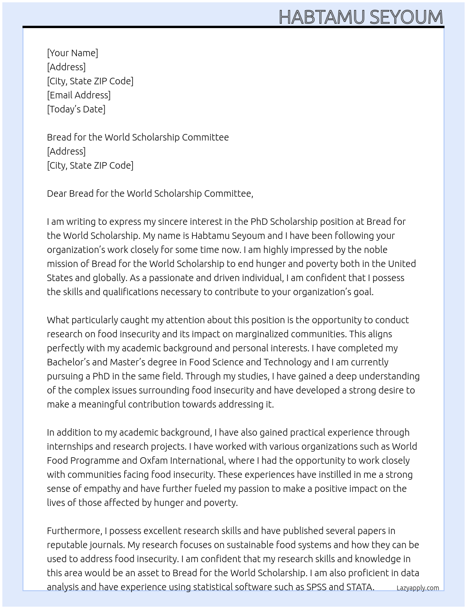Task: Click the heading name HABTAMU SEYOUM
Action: point(361,17)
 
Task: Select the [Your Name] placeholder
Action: point(72,53)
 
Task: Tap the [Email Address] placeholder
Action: point(79,95)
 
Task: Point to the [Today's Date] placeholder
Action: point(76,109)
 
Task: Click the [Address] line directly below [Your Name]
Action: point(66,67)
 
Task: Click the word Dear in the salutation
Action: point(57,193)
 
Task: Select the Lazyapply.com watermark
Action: point(417,588)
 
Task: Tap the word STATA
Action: point(360,587)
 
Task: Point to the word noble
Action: point(375,250)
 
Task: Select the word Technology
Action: point(287,362)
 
